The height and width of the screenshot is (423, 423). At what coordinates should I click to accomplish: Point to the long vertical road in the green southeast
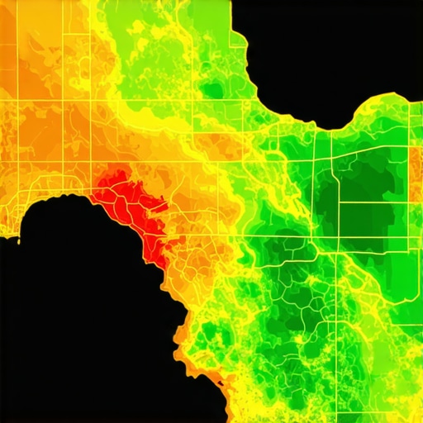[x=338, y=330]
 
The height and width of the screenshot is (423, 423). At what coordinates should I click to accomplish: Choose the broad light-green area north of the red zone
[x=157, y=50]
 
